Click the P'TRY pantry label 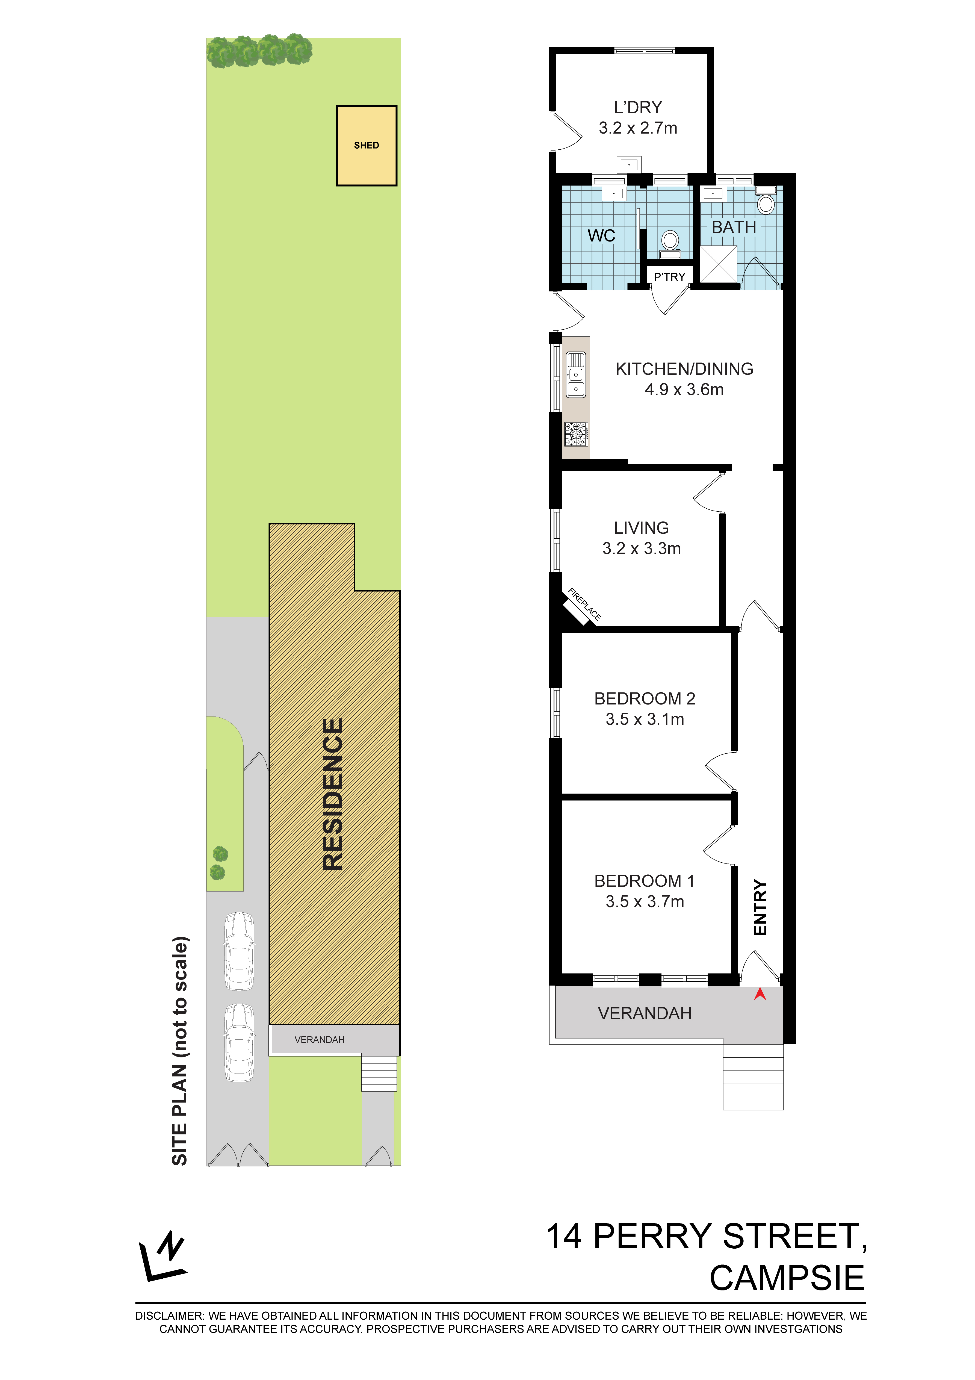[670, 277]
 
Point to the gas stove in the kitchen [576, 434]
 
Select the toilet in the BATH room [765, 201]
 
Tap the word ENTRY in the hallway [760, 908]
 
